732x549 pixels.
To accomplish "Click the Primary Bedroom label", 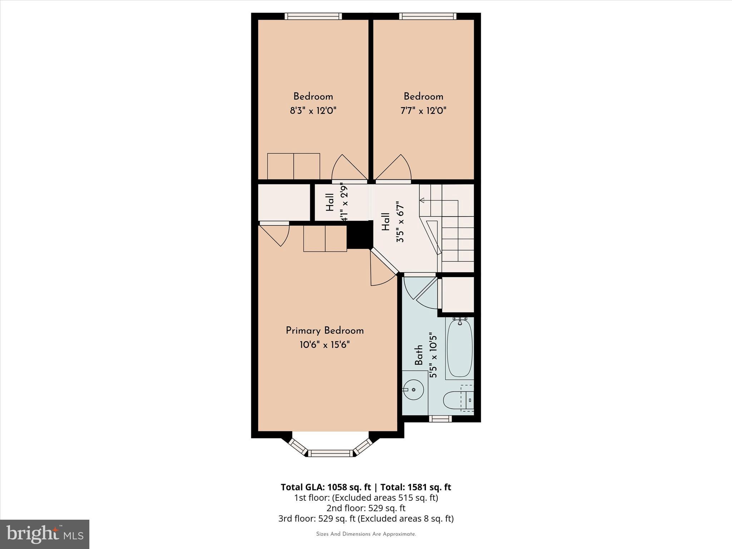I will tap(325, 331).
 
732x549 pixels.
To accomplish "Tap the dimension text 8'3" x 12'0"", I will tap(313, 111).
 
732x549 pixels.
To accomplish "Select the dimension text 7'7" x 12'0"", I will tap(423, 111).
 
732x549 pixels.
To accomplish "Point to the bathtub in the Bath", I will tap(459, 348).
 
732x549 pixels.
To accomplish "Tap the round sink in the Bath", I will tap(414, 389).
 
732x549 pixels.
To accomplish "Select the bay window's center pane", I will tap(330, 453).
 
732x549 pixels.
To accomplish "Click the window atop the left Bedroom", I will tap(313, 16).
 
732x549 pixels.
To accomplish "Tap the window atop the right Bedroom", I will tap(427, 16).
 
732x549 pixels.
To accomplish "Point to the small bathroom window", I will tap(440, 419).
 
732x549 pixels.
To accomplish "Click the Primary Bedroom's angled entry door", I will tap(382, 268).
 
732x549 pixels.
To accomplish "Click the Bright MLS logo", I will tap(45, 534).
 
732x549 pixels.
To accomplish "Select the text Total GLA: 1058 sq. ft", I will tap(326, 487).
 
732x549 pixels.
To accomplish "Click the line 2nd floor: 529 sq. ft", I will tap(366, 508).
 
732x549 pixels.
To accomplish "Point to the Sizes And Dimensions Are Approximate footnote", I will tap(366, 534).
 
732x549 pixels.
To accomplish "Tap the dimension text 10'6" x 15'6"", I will tap(325, 345).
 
